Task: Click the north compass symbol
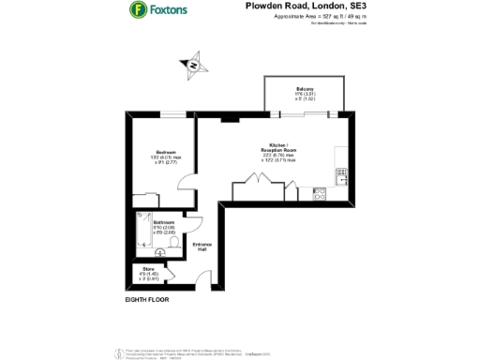point(195,66)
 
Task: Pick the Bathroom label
point(152,222)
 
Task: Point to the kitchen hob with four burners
point(319,194)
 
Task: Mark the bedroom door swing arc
point(187,189)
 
